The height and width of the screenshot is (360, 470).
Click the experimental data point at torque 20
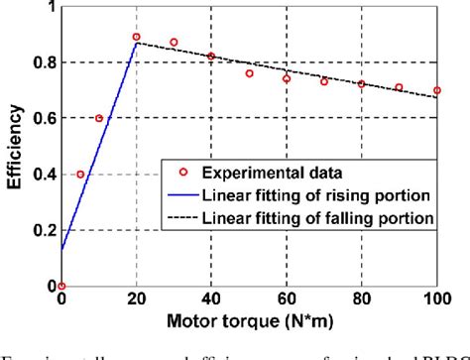pos(137,37)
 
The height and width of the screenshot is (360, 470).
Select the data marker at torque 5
pos(80,175)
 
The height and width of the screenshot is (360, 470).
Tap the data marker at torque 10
pos(99,118)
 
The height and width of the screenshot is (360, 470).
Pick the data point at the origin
pos(61,286)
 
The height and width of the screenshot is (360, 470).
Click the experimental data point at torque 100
pos(436,91)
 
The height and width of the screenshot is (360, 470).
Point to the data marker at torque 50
pos(249,73)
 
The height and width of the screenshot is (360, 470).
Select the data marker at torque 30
pos(175,43)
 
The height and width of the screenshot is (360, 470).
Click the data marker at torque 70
pos(324,81)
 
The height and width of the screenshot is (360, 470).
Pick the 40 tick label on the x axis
pos(211,300)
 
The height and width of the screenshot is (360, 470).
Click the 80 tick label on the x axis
pos(361,300)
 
